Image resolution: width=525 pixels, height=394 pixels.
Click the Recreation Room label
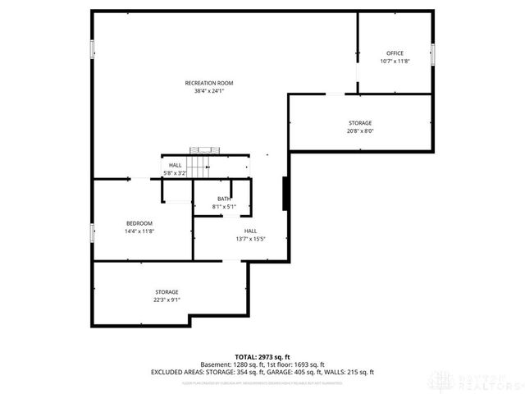[x=209, y=83]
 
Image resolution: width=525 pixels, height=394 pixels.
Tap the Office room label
[x=395, y=53]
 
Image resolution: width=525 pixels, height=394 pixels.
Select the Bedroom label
[x=139, y=223]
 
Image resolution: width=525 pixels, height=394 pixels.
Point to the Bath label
[x=224, y=199]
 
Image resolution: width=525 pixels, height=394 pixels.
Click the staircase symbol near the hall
[x=205, y=150]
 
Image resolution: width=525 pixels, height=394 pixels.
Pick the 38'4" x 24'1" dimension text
[x=209, y=91]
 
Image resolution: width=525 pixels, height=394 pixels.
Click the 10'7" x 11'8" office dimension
[x=395, y=62]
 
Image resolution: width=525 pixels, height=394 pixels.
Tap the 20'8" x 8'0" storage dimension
[x=360, y=131]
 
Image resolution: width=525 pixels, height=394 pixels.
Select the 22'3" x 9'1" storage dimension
[x=167, y=300]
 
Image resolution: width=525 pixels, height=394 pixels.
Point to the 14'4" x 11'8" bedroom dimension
[x=139, y=231]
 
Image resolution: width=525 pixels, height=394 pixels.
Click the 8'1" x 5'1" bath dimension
[x=224, y=206]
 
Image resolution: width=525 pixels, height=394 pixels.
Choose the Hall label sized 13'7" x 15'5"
[x=250, y=231]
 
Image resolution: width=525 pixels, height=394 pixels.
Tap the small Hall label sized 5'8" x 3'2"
[x=176, y=165]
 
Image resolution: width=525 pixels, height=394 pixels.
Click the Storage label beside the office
[x=360, y=122]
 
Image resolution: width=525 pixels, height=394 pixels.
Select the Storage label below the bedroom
[x=167, y=292]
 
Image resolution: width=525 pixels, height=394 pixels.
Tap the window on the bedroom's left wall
[x=93, y=233]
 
